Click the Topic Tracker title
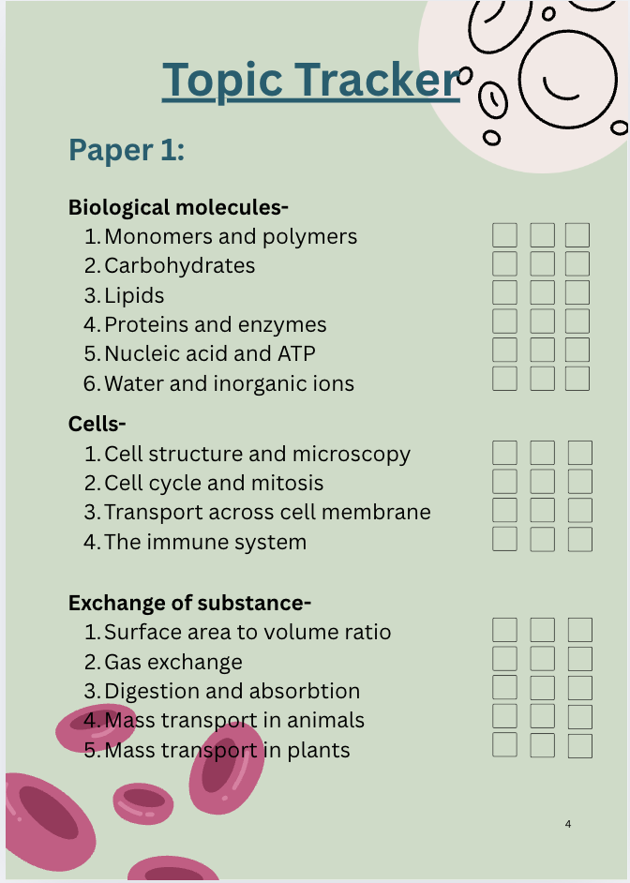pyautogui.click(x=310, y=80)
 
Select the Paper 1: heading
pyautogui.click(x=127, y=150)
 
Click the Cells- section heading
pyautogui.click(x=97, y=424)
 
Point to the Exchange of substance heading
pyautogui.click(x=189, y=603)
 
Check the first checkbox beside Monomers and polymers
pyautogui.click(x=504, y=235)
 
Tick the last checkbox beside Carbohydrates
pyautogui.click(x=577, y=264)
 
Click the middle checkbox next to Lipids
pyautogui.click(x=542, y=293)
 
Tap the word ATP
pyautogui.click(x=294, y=354)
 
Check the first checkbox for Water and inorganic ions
pyautogui.click(x=504, y=380)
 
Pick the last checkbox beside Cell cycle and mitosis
pyautogui.click(x=580, y=482)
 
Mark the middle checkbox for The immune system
pyautogui.click(x=542, y=540)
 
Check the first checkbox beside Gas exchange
pyautogui.click(x=504, y=659)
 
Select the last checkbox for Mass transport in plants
pyautogui.click(x=580, y=746)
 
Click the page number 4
pyautogui.click(x=568, y=824)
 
